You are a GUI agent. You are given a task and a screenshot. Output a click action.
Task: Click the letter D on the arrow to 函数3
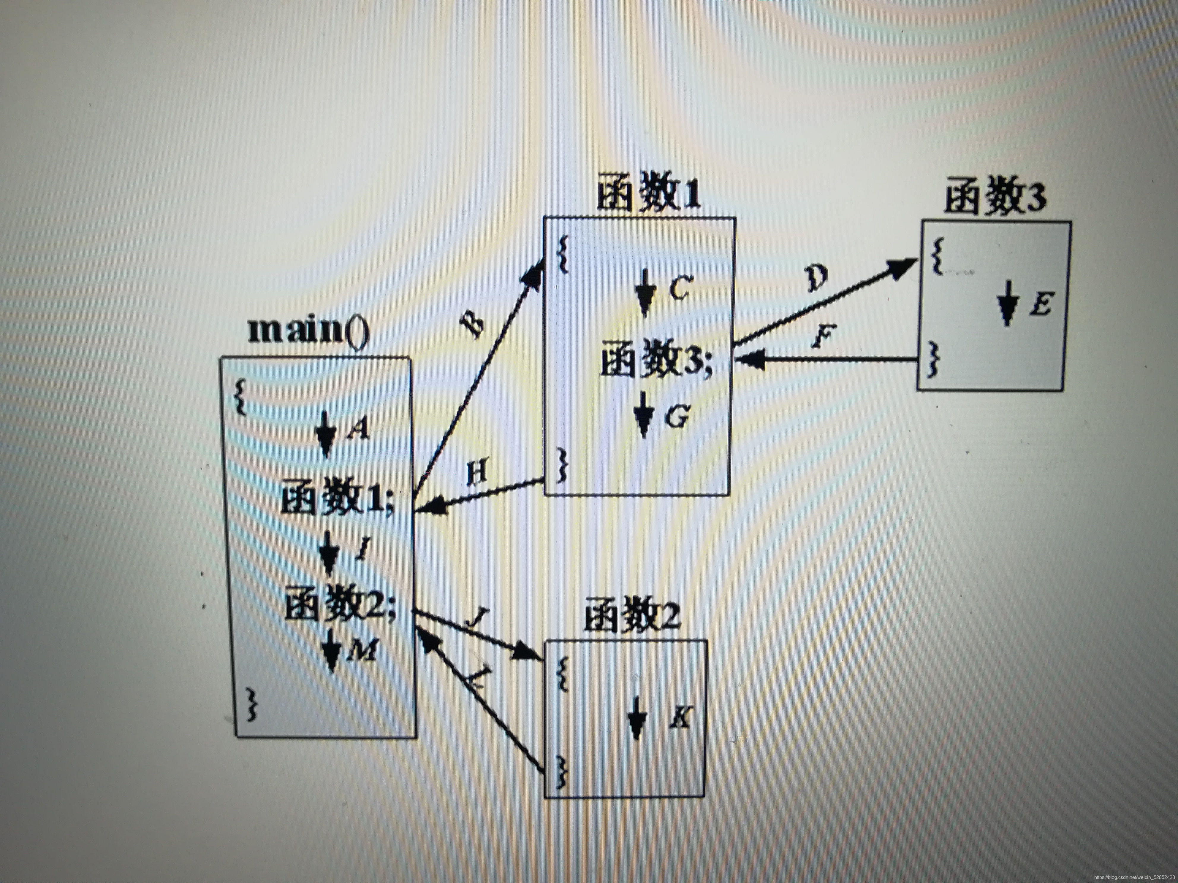tap(816, 278)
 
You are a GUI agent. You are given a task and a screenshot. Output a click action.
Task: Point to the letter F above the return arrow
tap(823, 336)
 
